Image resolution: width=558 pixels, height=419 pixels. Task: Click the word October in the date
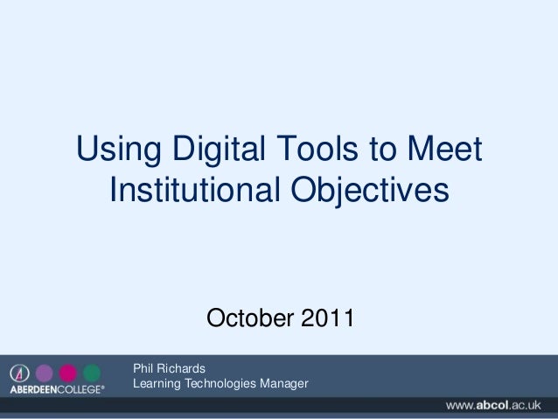point(249,316)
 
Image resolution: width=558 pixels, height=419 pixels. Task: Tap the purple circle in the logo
point(45,373)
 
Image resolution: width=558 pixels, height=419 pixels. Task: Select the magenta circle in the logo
point(67,373)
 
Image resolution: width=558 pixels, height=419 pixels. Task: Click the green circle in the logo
point(91,373)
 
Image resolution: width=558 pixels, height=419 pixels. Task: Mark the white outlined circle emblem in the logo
point(21,373)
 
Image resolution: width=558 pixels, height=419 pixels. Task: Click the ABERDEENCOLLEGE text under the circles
point(56,389)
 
